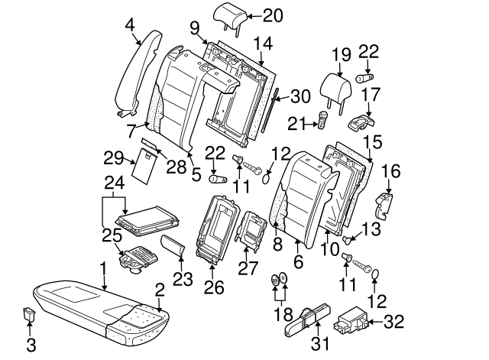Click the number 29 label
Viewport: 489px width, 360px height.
(x=113, y=158)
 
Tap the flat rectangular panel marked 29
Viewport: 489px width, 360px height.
(x=144, y=167)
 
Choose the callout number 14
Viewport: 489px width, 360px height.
(x=264, y=43)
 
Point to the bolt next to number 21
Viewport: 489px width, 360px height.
(x=322, y=119)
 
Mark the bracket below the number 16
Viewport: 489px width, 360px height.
(x=384, y=204)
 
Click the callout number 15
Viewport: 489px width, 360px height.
(x=371, y=142)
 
